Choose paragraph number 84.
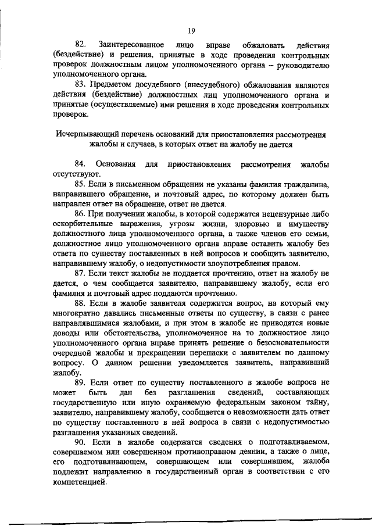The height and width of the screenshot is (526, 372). click(x=80, y=164)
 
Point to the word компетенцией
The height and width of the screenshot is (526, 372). click(x=80, y=481)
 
